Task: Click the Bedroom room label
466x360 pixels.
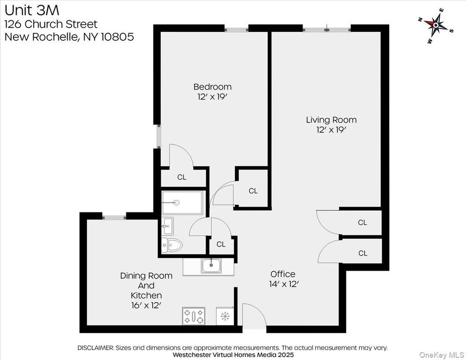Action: point(212,87)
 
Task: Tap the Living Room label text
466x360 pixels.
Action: point(331,120)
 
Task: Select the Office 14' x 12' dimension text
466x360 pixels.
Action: point(283,284)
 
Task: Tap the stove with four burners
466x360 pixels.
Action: point(194,316)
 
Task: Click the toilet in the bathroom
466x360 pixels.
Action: point(173,244)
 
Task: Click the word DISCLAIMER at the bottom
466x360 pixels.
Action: point(96,347)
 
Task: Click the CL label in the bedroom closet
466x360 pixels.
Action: point(181,177)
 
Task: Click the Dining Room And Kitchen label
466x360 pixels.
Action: point(146,286)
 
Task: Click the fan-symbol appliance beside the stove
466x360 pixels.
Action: point(224,317)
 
